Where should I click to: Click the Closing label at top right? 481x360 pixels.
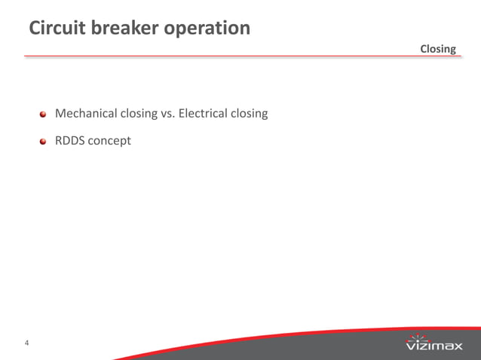click(x=438, y=49)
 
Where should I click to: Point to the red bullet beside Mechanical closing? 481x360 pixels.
click(x=44, y=114)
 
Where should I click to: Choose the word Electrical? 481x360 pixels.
click(x=204, y=114)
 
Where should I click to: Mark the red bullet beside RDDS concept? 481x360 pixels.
click(x=44, y=141)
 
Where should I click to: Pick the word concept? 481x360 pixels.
click(x=109, y=141)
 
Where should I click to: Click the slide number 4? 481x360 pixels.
click(x=27, y=344)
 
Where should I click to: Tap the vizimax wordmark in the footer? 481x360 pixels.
click(x=434, y=346)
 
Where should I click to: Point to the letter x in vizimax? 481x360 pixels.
click(x=457, y=346)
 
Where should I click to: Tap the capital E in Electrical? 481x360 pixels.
click(x=181, y=114)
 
